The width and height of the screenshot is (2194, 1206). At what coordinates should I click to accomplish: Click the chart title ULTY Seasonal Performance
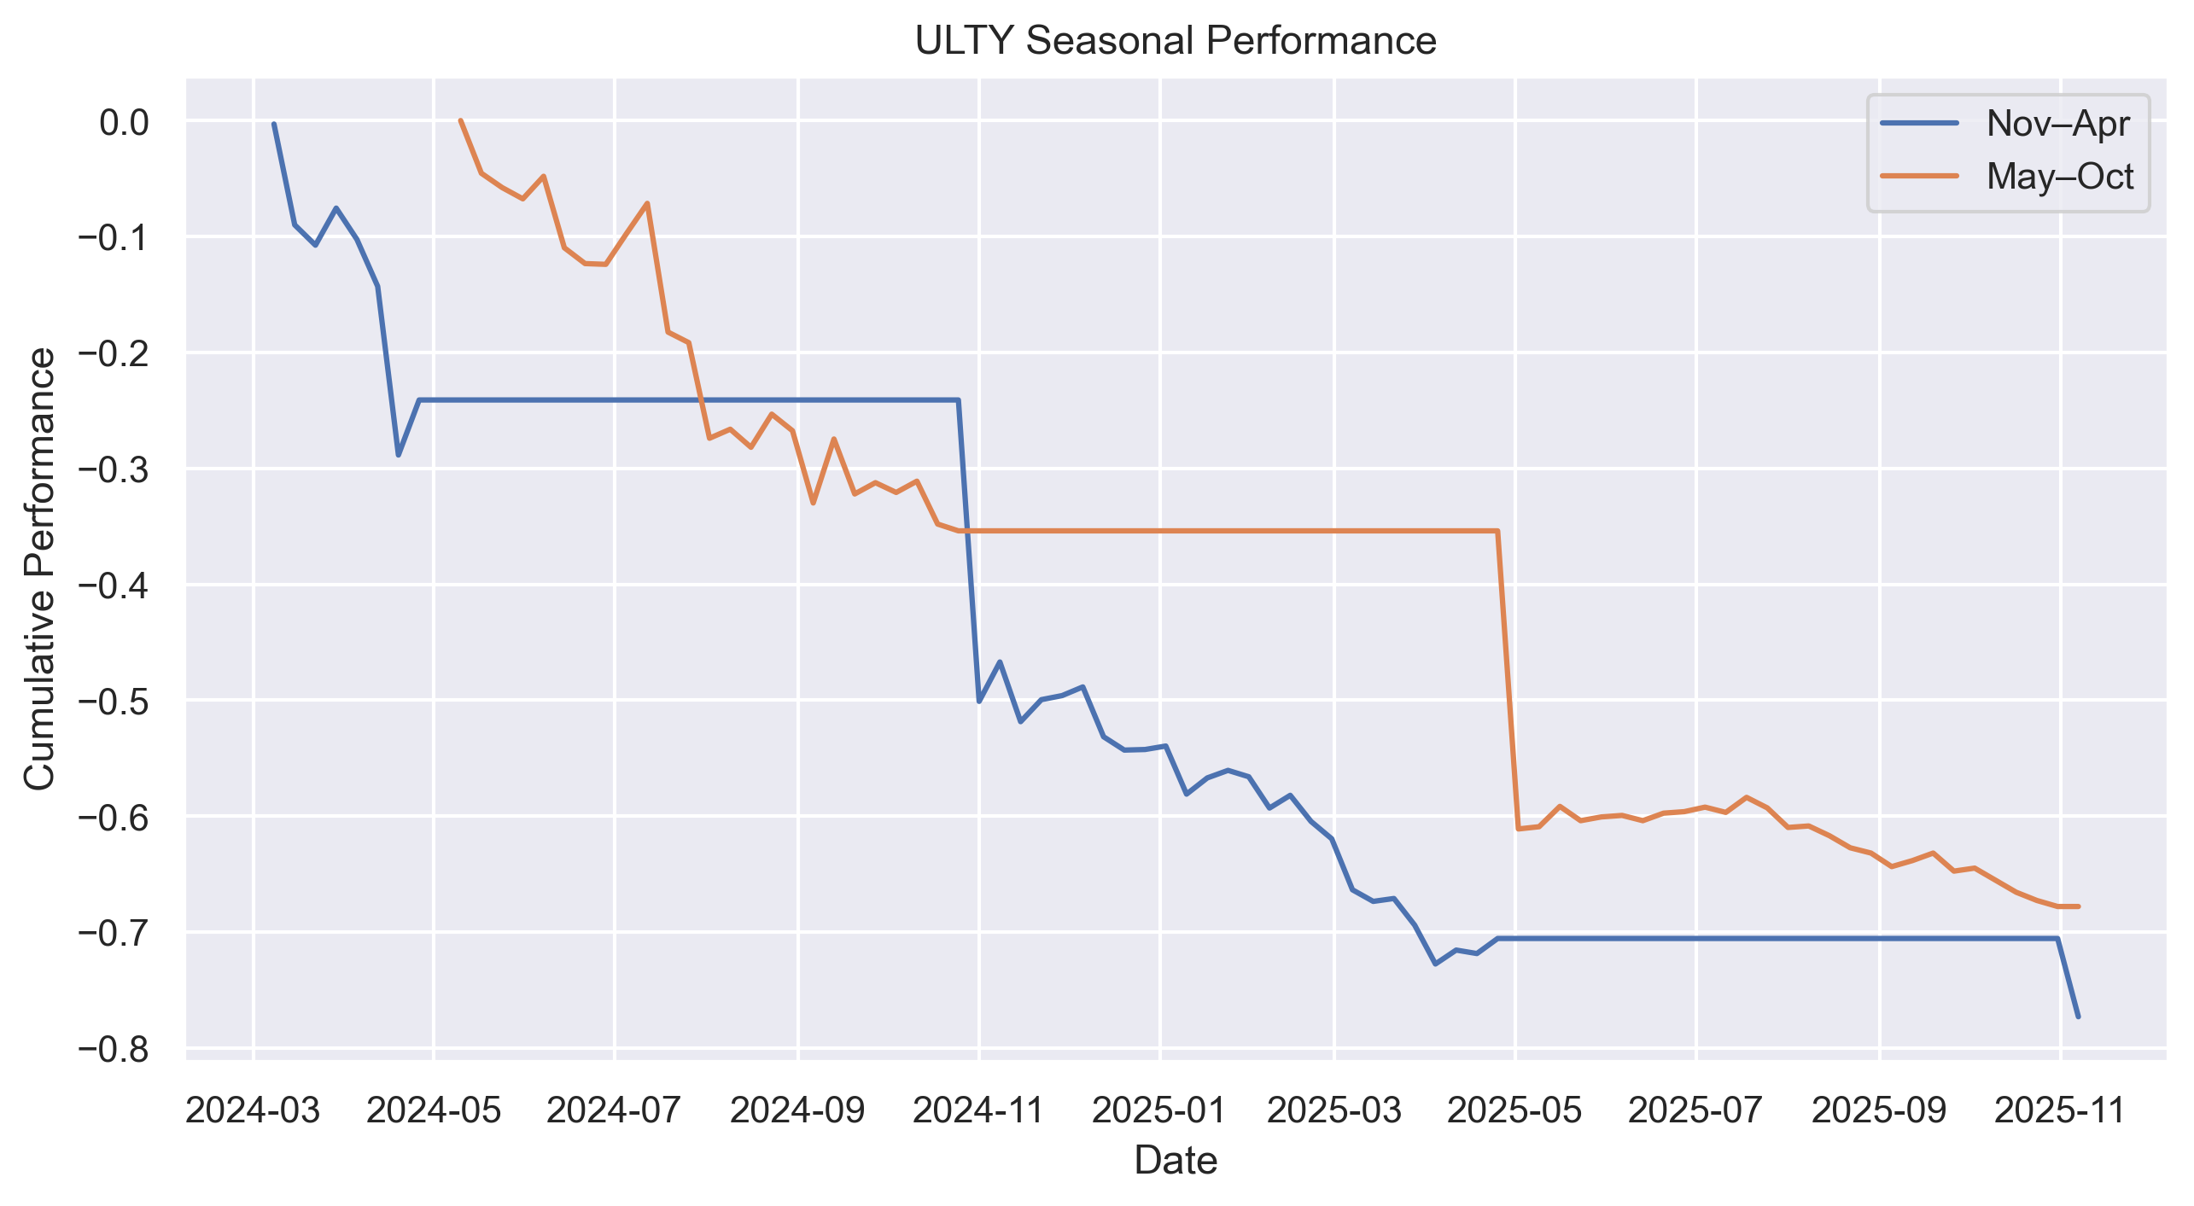click(x=1175, y=41)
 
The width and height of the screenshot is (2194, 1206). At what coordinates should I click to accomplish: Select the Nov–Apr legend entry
click(x=2057, y=124)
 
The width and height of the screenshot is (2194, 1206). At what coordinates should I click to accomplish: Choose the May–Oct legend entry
click(x=2059, y=177)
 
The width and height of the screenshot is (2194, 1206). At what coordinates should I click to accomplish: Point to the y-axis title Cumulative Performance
click(x=39, y=568)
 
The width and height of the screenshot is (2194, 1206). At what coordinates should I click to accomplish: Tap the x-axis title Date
click(x=1175, y=1161)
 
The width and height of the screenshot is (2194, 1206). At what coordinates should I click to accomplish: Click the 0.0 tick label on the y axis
click(x=124, y=123)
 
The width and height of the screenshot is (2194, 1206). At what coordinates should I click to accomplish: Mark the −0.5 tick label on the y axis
click(x=113, y=702)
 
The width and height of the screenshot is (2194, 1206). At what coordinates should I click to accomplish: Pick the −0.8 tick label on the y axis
click(x=113, y=1050)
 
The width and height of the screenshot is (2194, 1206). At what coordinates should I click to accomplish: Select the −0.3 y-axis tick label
click(x=113, y=470)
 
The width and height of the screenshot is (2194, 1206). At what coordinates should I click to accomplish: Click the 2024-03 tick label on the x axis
click(x=253, y=1110)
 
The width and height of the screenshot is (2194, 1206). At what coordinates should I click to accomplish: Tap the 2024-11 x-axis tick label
click(x=978, y=1110)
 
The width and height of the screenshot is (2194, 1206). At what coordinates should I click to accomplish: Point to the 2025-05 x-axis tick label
click(x=1514, y=1110)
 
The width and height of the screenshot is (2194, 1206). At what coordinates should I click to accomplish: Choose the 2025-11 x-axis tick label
click(x=2059, y=1110)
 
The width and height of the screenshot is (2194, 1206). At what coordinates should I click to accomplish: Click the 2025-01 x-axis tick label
click(x=1159, y=1110)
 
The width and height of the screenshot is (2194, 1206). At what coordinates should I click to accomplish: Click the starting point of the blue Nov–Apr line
click(x=274, y=124)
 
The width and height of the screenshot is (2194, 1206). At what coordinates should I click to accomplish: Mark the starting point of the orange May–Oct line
click(x=460, y=120)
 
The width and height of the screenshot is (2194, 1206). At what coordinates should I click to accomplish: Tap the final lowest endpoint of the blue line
click(x=2078, y=1017)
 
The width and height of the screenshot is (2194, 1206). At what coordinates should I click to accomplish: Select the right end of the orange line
click(x=2078, y=906)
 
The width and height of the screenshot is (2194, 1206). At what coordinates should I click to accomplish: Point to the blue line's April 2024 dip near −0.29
click(x=398, y=455)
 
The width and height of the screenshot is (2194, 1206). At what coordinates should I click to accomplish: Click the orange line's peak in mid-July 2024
click(x=647, y=203)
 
